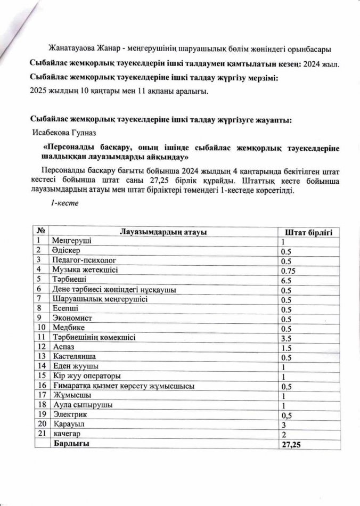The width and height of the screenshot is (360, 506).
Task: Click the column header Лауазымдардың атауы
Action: [x=163, y=231]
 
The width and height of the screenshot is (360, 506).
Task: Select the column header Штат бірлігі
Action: [x=309, y=232]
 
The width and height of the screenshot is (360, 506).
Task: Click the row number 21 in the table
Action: [x=40, y=434]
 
